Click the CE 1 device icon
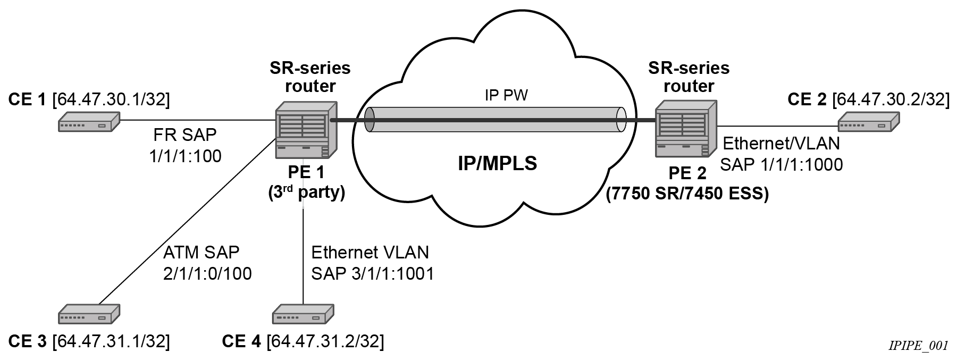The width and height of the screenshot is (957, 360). tap(88, 122)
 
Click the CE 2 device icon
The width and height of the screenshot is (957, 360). tap(869, 122)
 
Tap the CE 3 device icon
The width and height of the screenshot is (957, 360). tap(89, 314)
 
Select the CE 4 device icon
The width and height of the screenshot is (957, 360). tap(303, 314)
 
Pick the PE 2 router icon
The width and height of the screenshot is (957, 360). tap(686, 130)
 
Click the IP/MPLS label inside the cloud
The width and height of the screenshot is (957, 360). tap(497, 164)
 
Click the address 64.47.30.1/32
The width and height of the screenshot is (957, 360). tap(111, 100)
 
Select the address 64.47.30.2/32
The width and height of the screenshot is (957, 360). tap(891, 100)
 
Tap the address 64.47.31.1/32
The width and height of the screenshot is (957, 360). tap(111, 341)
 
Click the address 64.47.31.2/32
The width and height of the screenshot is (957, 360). tap(325, 341)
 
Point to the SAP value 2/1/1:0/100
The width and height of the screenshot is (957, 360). tap(207, 273)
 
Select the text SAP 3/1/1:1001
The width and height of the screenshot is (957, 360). tap(373, 273)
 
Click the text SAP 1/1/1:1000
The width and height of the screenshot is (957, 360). tap(781, 165)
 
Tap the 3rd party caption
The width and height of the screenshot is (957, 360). tap(307, 192)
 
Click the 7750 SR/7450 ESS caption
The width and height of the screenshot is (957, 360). tap(687, 194)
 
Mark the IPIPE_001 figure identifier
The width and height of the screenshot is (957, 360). tap(918, 346)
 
